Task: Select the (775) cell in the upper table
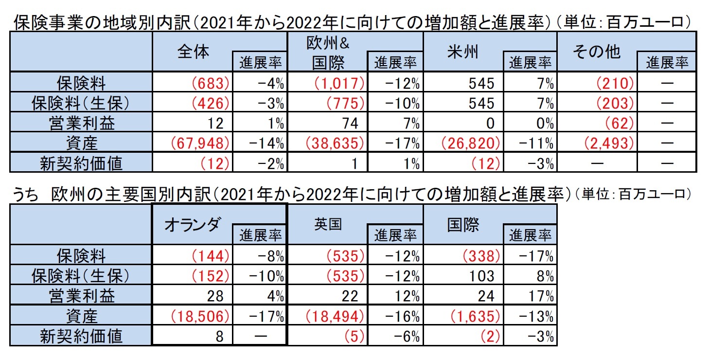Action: (x=345, y=104)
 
